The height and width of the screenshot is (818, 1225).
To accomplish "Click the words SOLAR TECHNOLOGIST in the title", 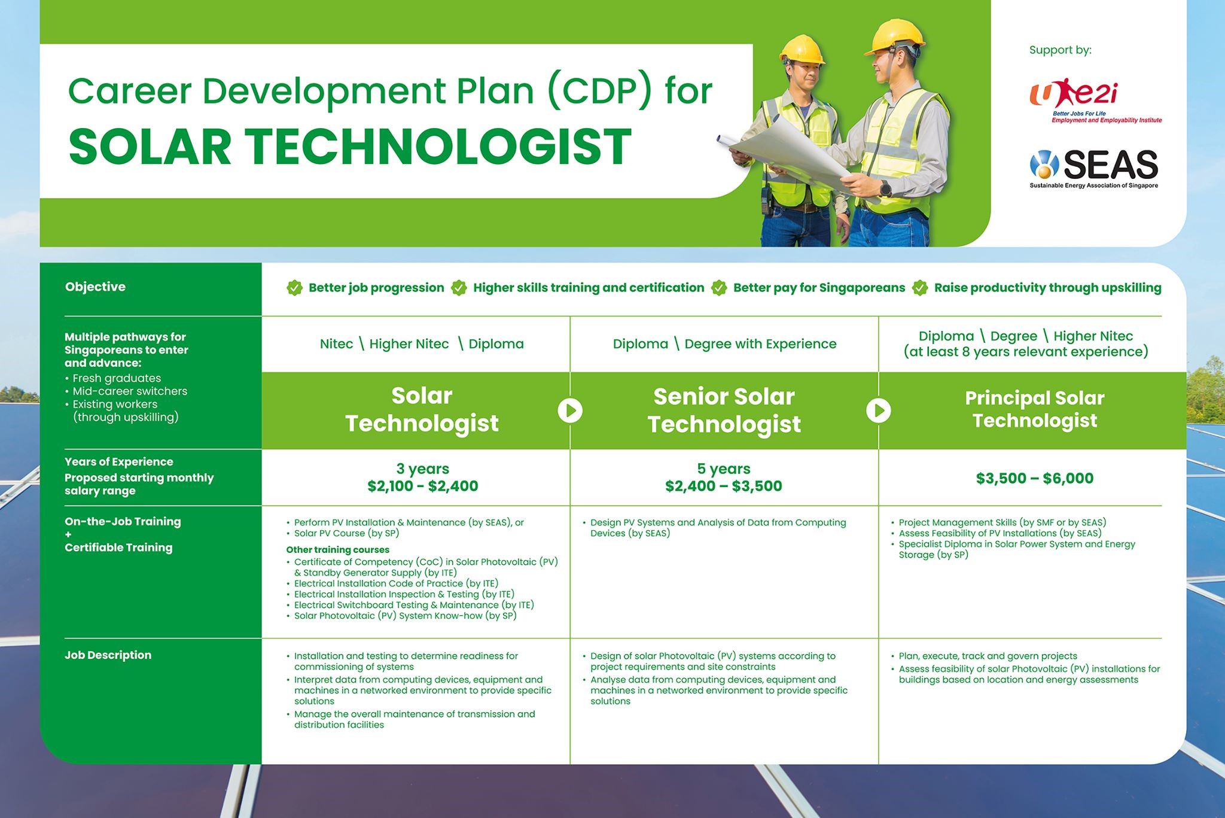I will point(350,147).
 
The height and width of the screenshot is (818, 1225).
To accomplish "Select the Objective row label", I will point(95,287).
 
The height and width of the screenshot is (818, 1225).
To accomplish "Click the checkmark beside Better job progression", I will point(294,288).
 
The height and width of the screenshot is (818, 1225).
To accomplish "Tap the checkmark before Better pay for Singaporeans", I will point(719,288).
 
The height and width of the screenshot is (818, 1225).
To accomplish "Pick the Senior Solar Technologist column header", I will point(724,410).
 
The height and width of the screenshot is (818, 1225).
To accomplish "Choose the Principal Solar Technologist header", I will point(1034,409).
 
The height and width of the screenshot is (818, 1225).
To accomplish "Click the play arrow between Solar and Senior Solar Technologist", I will point(570,410).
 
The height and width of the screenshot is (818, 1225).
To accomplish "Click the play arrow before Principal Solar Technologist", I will point(879,410).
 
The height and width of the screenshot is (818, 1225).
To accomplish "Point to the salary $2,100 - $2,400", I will point(422,486).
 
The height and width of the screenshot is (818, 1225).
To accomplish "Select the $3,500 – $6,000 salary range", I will point(1034,478).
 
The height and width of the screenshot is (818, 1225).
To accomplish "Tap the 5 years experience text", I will point(723,469).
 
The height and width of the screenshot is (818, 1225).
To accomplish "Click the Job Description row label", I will point(108,655).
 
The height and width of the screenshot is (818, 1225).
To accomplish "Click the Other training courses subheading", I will point(337,549).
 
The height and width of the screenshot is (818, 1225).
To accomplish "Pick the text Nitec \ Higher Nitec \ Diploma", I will point(422,344).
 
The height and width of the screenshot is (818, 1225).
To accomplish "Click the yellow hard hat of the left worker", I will point(802,50).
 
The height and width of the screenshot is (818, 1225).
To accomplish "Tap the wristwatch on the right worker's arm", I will point(885,190).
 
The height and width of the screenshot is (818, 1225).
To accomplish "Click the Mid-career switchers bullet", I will point(129,391).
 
